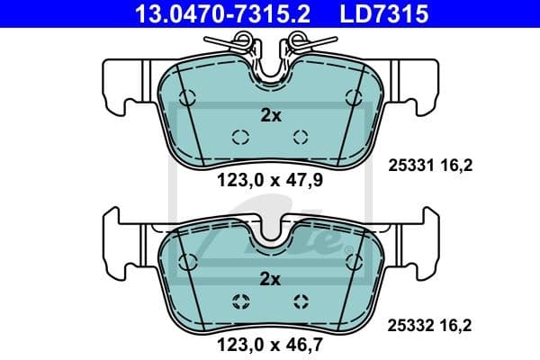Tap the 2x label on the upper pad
pos(270,115)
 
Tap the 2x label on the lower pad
pos(270,279)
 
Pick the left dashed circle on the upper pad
pos(240,137)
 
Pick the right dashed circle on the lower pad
pos(301,301)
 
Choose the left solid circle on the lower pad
pos(187,262)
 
